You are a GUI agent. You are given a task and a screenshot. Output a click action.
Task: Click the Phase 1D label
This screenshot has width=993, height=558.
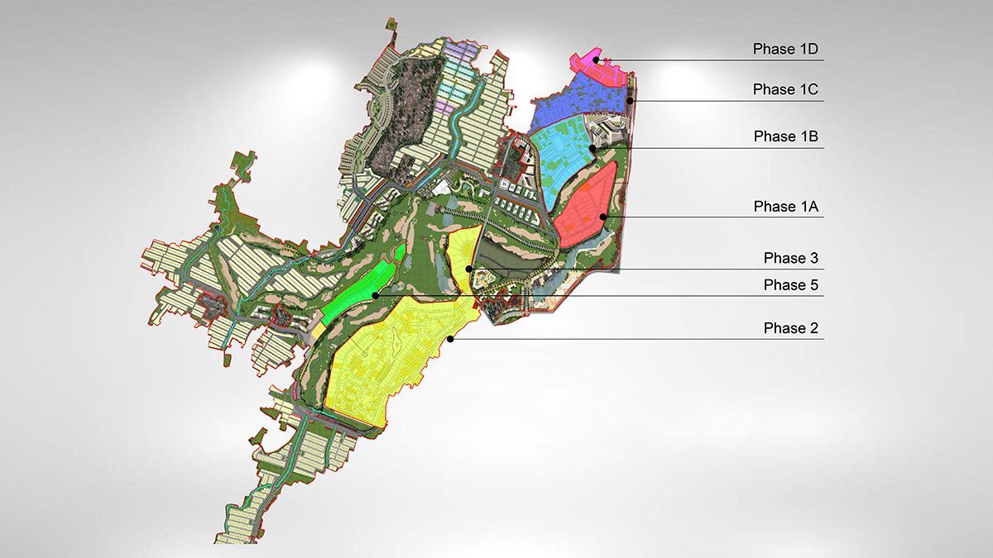785,50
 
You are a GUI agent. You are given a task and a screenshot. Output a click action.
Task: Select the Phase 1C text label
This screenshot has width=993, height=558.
785,89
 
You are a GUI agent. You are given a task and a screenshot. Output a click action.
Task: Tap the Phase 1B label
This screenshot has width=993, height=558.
785,136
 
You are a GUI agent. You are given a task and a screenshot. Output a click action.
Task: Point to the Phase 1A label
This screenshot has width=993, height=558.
785,207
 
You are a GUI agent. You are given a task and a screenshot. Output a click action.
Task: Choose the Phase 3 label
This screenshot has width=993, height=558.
790,259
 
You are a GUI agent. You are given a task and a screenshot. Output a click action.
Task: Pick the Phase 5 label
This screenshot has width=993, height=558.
790,285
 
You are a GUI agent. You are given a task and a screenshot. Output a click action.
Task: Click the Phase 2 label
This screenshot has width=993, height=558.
790,328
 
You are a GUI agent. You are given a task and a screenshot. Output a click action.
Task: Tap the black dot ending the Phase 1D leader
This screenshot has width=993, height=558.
596,60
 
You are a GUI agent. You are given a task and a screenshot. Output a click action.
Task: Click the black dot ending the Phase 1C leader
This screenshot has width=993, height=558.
630,101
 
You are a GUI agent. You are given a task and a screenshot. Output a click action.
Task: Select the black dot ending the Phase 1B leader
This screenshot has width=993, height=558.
593,148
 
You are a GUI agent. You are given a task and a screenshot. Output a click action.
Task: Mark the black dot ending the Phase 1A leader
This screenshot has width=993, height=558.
604,217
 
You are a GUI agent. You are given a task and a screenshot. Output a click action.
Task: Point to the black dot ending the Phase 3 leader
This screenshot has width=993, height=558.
469,269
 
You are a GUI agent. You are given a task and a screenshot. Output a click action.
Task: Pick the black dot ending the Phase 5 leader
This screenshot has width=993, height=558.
375,295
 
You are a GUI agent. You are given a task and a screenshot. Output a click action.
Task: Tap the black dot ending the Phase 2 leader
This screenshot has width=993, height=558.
450,339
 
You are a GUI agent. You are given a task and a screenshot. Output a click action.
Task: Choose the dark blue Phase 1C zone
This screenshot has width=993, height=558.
571,107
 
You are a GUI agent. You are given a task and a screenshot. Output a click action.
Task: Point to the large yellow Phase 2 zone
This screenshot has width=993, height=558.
389,355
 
